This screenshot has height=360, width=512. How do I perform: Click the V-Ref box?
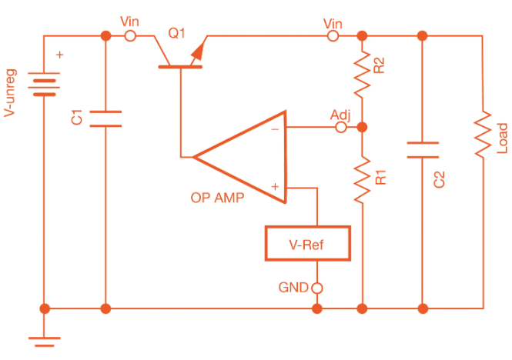(307, 244)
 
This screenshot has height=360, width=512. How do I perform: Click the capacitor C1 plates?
(105, 118)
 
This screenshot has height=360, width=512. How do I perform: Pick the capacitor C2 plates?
(421, 149)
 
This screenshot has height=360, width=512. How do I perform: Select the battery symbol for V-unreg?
(44, 84)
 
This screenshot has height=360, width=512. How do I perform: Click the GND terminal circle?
(316, 288)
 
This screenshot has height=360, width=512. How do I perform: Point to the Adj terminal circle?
(340, 128)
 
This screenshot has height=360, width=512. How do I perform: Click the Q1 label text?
(177, 33)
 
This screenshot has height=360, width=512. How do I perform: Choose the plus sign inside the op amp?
(274, 186)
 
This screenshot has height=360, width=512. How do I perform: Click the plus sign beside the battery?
(62, 55)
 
